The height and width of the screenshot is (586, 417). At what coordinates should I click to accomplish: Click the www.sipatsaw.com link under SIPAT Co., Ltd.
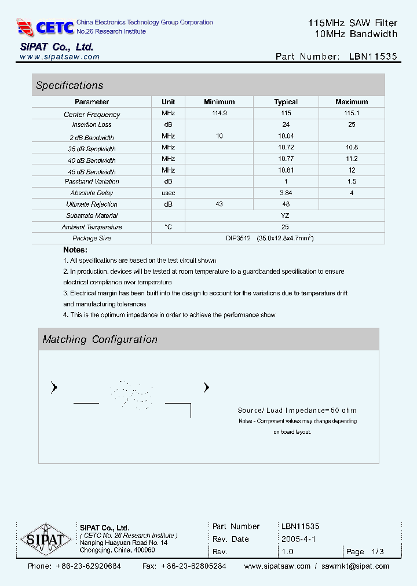pyautogui.click(x=60, y=57)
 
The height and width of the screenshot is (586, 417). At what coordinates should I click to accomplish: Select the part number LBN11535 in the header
pyautogui.click(x=373, y=57)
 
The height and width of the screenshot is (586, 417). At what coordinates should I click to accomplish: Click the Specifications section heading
pyautogui.click(x=69, y=86)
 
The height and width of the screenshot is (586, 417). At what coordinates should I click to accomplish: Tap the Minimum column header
pyautogui.click(x=219, y=102)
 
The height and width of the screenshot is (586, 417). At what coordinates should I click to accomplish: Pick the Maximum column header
pyautogui.click(x=352, y=102)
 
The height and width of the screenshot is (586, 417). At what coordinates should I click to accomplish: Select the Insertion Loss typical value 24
pyautogui.click(x=286, y=124)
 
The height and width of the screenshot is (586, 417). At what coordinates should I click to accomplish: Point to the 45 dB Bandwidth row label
pyautogui.click(x=92, y=171)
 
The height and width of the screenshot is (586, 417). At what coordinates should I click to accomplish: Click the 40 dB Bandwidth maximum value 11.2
pyautogui.click(x=352, y=159)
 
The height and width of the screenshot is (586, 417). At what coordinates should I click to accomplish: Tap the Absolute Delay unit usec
pyautogui.click(x=168, y=193)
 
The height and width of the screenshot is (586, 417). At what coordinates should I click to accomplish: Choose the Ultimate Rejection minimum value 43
pyautogui.click(x=220, y=204)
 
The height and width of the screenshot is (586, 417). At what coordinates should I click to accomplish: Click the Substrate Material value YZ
pyautogui.click(x=285, y=215)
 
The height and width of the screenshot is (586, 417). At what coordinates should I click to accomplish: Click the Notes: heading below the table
pyautogui.click(x=75, y=250)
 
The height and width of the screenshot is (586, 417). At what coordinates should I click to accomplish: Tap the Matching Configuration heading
pyautogui.click(x=100, y=340)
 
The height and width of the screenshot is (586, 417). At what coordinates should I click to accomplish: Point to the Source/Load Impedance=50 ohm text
pyautogui.click(x=297, y=411)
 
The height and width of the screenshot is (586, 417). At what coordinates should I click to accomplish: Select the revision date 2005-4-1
pyautogui.click(x=298, y=539)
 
